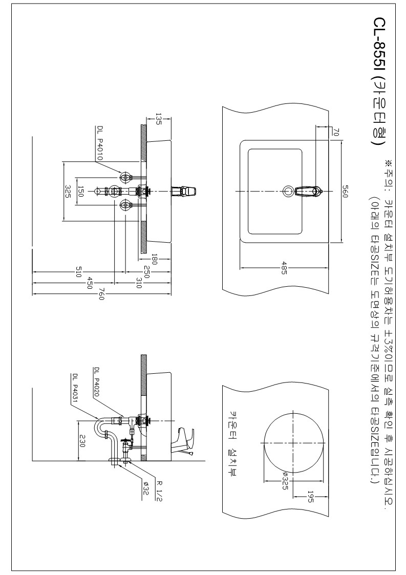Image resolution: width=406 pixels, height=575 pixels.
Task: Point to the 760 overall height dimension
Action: click(x=101, y=295)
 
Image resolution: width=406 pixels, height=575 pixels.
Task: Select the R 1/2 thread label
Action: click(x=160, y=484)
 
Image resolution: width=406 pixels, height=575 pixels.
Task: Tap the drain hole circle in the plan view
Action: click(x=288, y=191)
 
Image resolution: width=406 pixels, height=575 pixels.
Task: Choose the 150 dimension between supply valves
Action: click(x=81, y=191)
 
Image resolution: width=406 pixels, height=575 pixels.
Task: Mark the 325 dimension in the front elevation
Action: click(x=68, y=191)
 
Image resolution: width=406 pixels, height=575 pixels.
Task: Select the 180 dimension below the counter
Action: click(x=154, y=259)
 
